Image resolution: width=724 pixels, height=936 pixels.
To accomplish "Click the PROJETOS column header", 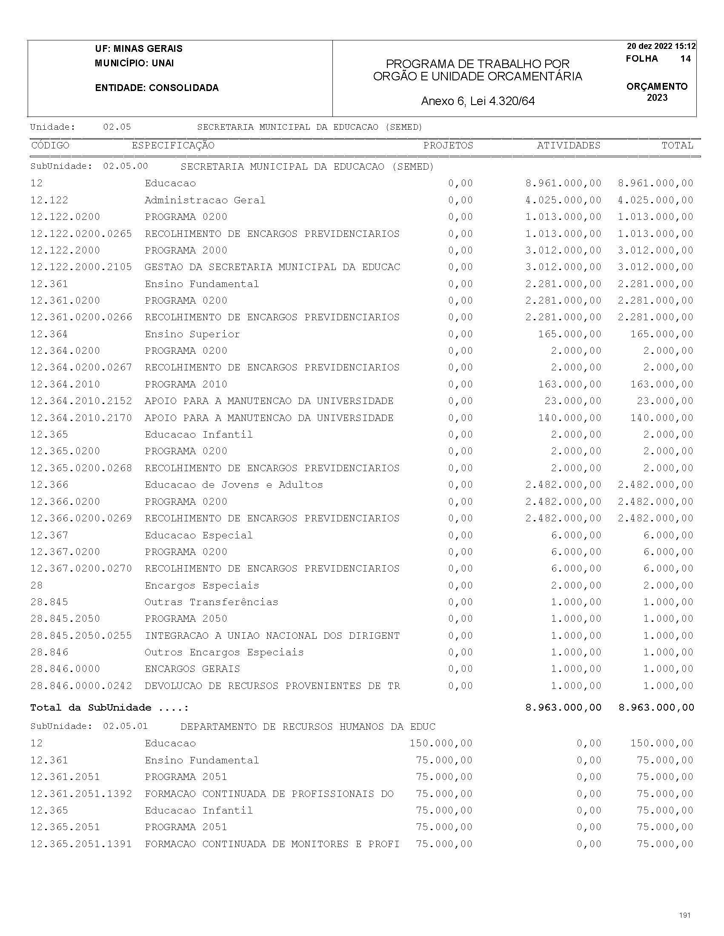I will (448, 145).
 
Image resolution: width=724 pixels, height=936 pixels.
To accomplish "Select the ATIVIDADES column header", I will (568, 145).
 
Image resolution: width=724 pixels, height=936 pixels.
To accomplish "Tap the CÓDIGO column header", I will (50, 145).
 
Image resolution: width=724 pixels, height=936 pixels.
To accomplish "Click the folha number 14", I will (685, 59).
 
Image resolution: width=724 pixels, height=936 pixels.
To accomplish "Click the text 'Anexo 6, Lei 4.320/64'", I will (478, 101).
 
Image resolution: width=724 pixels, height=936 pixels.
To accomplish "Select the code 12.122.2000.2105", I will (81, 267).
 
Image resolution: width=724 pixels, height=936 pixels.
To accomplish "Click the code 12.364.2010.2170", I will (81, 418).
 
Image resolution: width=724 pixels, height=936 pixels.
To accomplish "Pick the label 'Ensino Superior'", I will (192, 334).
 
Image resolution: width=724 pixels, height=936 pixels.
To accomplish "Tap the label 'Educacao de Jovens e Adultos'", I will (233, 485).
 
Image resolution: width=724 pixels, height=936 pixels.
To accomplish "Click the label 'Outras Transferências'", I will (211, 602).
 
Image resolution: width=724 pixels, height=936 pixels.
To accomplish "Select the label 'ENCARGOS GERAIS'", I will (192, 669).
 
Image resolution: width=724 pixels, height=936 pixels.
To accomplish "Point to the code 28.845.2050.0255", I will (81, 636).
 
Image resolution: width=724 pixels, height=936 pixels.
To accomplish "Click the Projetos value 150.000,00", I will (441, 743).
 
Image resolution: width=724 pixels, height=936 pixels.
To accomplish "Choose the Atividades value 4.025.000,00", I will (563, 200).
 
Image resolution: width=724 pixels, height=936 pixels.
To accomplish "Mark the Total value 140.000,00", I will (662, 418).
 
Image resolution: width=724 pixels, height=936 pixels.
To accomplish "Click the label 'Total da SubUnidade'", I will (91, 708).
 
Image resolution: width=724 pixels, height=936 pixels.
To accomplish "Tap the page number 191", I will (684, 916).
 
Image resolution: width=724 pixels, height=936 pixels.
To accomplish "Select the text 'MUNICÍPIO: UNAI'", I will (134, 63).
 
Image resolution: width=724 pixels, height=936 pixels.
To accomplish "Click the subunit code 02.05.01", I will (125, 726).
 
